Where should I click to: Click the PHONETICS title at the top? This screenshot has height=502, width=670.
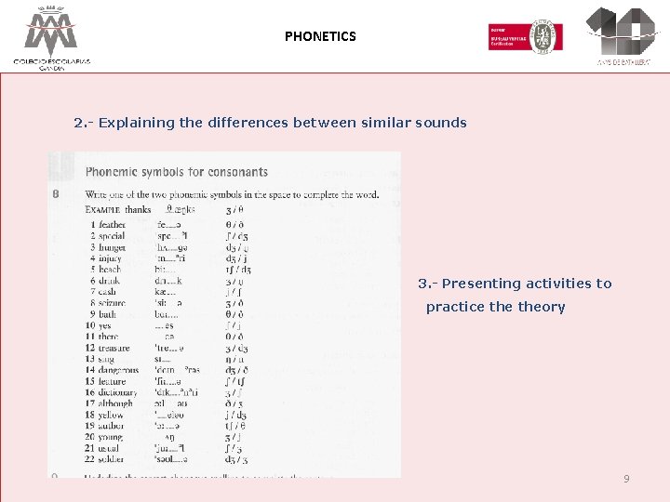(320, 36)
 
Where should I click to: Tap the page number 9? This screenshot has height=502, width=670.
(626, 479)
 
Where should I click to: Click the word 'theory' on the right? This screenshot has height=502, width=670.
(542, 307)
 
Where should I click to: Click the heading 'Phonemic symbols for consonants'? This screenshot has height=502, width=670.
(177, 172)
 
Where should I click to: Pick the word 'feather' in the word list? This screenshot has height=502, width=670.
(112, 225)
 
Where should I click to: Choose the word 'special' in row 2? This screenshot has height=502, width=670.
(112, 236)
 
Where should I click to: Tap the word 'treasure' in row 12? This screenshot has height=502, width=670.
(114, 349)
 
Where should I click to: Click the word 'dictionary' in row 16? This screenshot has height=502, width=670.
(117, 393)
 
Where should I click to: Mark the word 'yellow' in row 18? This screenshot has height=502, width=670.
(111, 416)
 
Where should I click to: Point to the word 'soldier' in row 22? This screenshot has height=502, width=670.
(112, 459)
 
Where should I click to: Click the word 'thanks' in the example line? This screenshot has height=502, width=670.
(138, 210)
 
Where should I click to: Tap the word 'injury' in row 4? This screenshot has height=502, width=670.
(111, 247)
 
